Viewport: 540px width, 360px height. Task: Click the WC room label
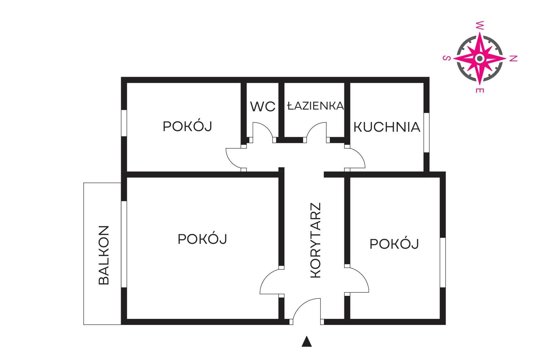tap(263, 106)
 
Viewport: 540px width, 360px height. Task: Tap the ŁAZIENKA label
tap(316, 106)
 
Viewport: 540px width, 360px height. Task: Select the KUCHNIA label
tap(387, 127)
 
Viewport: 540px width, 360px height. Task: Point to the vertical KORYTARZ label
tap(316, 240)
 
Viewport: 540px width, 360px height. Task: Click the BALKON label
tap(104, 255)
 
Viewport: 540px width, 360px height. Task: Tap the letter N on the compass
tap(514, 58)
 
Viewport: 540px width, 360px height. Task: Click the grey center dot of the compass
tap(480, 59)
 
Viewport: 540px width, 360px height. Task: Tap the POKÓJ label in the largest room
tap(203, 239)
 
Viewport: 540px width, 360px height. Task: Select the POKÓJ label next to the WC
tap(188, 127)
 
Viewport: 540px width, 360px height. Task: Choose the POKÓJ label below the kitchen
tap(394, 244)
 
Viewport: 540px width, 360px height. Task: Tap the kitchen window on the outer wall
tap(426, 133)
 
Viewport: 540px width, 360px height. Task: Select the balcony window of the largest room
tap(124, 244)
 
